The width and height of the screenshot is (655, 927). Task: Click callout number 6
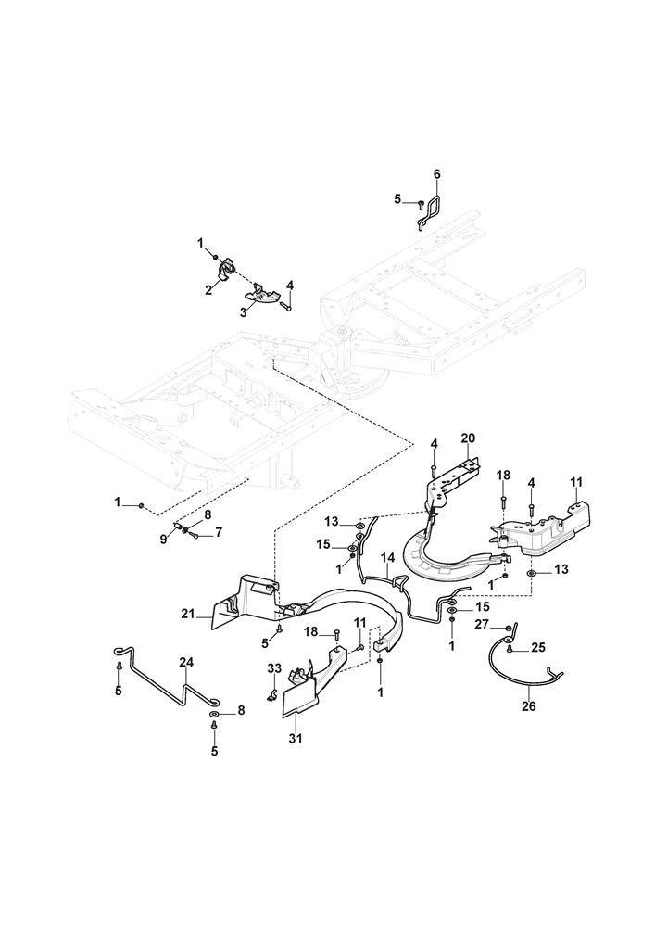tap(437, 174)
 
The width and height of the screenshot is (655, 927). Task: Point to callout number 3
tap(244, 312)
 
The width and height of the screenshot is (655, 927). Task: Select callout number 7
tap(220, 532)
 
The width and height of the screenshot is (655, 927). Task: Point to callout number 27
tap(483, 627)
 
